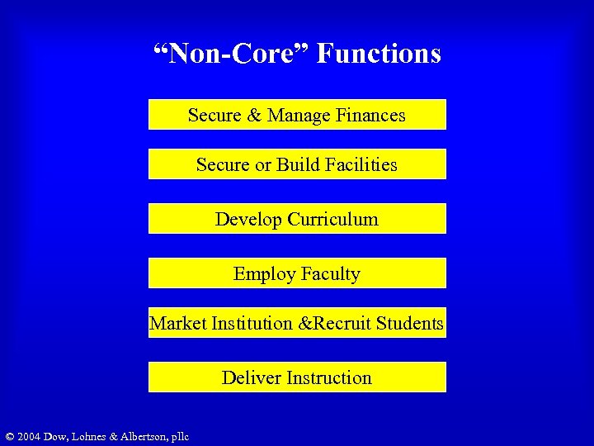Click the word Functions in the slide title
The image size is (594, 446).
379,54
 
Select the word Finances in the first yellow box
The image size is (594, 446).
370,115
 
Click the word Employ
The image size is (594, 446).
261,274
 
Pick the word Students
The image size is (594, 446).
409,323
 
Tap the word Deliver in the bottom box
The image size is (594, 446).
250,377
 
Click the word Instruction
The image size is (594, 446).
328,377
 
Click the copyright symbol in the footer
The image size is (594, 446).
9,436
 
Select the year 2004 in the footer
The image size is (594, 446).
30,436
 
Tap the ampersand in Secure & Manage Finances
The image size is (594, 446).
252,115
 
